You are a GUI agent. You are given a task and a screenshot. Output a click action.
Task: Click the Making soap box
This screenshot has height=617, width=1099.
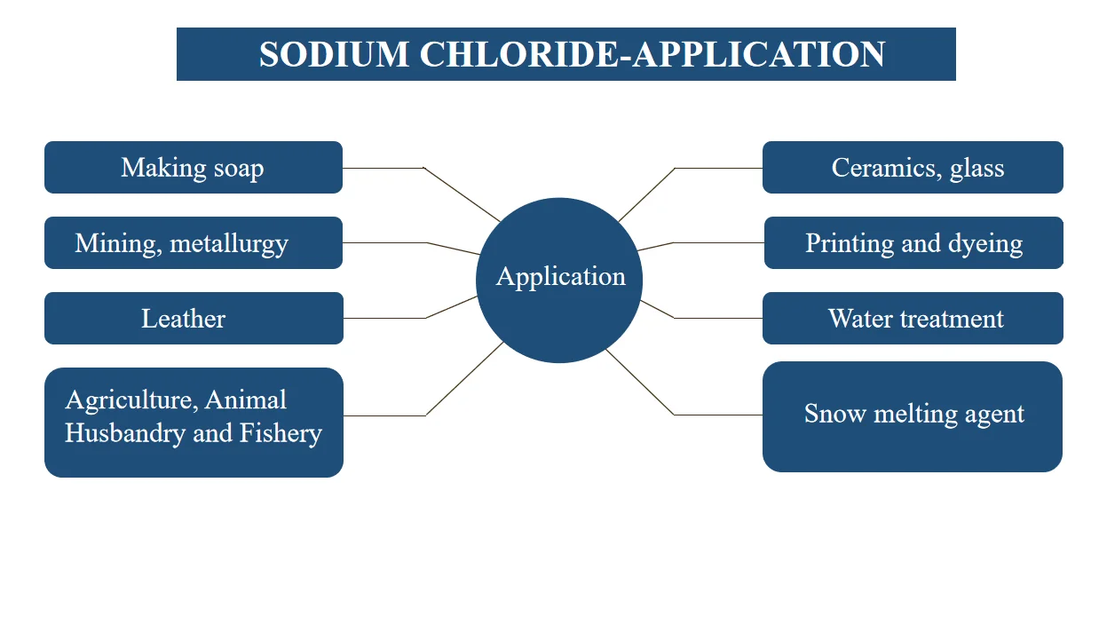(x=193, y=167)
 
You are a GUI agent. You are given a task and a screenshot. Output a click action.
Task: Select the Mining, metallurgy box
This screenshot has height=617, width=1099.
(x=193, y=242)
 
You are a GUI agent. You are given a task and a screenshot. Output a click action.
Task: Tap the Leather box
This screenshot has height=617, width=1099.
(x=193, y=318)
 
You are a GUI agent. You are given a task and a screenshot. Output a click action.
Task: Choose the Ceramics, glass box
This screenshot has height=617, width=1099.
(x=913, y=167)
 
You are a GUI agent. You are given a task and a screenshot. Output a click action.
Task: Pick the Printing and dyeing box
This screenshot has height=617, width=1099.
(x=913, y=242)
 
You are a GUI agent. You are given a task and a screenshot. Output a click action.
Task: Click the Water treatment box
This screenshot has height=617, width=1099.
(x=913, y=318)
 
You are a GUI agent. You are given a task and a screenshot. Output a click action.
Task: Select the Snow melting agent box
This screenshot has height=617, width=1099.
(x=913, y=415)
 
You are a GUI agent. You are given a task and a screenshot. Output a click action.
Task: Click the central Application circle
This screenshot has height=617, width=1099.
(x=559, y=280)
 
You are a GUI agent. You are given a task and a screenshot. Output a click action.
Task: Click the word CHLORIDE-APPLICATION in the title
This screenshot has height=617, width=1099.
(x=652, y=54)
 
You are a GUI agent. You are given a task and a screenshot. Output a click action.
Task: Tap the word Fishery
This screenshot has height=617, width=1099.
(x=281, y=433)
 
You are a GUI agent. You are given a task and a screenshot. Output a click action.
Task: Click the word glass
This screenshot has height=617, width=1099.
(x=976, y=168)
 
